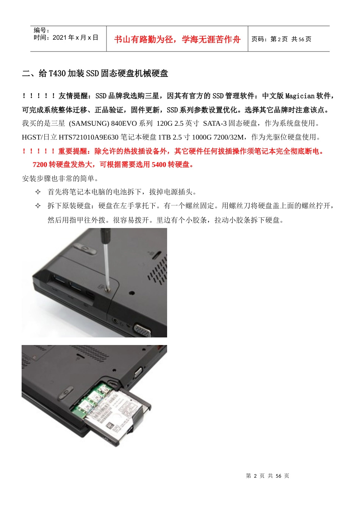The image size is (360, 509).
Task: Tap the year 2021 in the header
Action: [59, 37]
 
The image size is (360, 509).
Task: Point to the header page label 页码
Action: [258, 39]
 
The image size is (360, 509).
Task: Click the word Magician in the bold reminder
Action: [300, 96]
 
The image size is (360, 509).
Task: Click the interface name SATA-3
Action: [215, 123]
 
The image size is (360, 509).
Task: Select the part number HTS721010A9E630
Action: [89, 137]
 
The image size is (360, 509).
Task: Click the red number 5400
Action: [159, 164]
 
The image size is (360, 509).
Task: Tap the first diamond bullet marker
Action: [38, 192]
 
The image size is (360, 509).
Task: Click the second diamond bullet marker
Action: [38, 206]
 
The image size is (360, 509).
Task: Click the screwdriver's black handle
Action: [106, 235]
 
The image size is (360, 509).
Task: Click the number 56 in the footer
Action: [279, 476]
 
